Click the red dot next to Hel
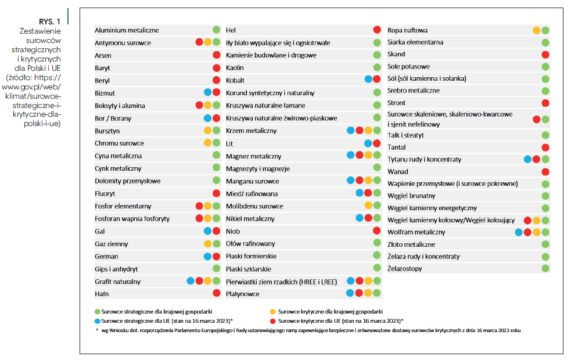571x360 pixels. (x=377, y=30)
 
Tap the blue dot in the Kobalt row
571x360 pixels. (x=368, y=79)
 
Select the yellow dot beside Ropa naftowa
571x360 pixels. (x=536, y=30)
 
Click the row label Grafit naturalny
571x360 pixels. (x=117, y=282)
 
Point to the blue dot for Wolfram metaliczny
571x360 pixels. (x=519, y=232)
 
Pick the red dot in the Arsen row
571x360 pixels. (x=216, y=55)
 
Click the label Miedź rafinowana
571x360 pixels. (x=252, y=194)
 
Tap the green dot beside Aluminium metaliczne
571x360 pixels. (x=216, y=30)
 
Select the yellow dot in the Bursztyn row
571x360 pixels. (x=207, y=130)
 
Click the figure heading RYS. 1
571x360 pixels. (x=49, y=22)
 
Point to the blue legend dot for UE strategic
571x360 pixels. (x=97, y=322)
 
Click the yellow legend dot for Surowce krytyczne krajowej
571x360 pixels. (x=273, y=312)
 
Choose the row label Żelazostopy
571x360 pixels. (x=405, y=269)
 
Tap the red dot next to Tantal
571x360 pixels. (x=545, y=147)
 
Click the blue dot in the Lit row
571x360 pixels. (x=368, y=143)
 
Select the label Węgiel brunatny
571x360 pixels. (x=411, y=196)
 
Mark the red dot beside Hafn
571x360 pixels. (x=216, y=293)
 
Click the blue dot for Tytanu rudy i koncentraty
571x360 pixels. (x=527, y=159)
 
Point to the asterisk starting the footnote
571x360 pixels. (x=97, y=330)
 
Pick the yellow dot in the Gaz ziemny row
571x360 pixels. (x=207, y=243)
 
